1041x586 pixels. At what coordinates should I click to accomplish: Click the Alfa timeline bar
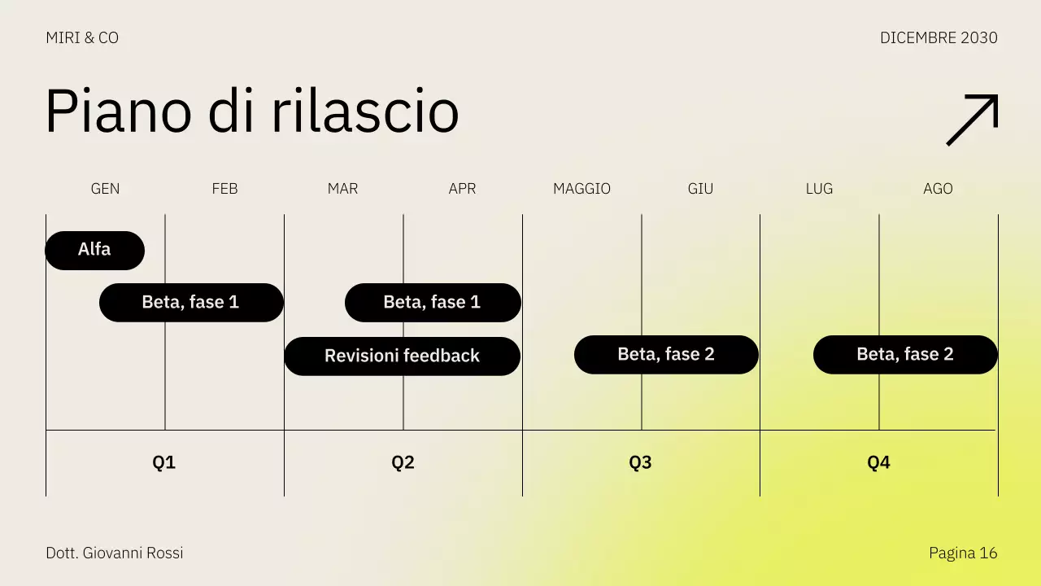click(94, 250)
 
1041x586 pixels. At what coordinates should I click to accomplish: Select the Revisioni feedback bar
click(402, 356)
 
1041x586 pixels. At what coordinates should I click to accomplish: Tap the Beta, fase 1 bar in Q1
click(191, 302)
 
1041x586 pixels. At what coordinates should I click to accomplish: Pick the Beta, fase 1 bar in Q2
click(433, 302)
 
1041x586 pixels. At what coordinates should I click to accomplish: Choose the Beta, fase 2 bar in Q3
click(666, 354)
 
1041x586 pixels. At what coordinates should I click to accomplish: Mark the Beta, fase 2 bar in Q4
click(905, 354)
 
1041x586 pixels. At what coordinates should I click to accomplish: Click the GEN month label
click(105, 189)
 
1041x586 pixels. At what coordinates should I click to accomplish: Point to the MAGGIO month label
click(581, 189)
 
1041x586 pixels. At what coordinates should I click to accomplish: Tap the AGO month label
click(938, 189)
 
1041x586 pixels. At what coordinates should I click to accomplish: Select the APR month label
click(462, 189)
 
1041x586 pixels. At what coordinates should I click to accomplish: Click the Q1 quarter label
click(164, 463)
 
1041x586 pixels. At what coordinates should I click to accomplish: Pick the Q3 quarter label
click(640, 463)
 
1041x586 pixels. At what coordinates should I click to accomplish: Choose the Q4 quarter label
click(878, 463)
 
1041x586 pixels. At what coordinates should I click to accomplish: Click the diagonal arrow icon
click(972, 120)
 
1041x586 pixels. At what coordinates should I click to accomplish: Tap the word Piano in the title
click(119, 112)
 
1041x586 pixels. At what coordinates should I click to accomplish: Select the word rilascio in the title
click(364, 112)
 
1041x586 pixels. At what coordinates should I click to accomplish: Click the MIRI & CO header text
click(82, 38)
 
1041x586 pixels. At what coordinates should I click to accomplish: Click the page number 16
click(988, 553)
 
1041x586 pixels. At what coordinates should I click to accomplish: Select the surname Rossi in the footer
click(164, 553)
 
